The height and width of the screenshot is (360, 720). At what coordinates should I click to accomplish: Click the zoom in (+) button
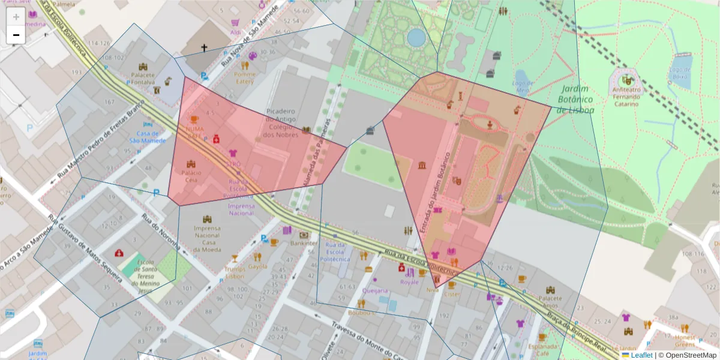16,17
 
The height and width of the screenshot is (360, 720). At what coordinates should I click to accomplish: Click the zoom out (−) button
16,35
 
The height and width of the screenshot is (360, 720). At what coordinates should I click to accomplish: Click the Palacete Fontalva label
143,78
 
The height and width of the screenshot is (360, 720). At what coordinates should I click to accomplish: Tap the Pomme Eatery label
245,77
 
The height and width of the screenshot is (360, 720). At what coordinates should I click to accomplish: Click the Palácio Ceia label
191,176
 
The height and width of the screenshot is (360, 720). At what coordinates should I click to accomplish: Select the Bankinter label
304,244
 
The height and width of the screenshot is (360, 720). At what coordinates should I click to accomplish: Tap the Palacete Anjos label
550,301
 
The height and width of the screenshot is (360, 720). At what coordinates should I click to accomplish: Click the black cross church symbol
204,47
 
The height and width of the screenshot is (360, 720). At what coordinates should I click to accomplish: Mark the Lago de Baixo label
680,73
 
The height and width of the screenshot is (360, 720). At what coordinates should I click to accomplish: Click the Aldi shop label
236,32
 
